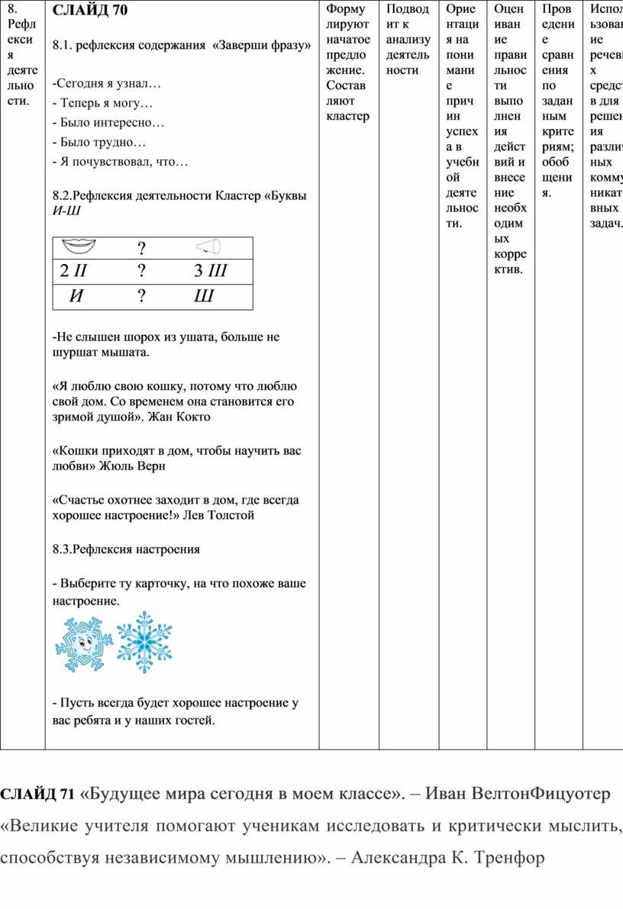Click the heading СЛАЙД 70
pos(90,11)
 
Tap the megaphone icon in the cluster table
pos(208,246)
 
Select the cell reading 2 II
pos(74,271)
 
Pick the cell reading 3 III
pos(209,271)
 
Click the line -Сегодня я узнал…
pos(107,82)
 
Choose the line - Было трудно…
pos(98,142)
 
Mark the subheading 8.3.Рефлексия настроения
pos(126,549)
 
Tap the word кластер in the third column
pos(347,115)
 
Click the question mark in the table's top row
pos(141,247)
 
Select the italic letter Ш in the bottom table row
pos(204,296)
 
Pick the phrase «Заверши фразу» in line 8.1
pos(262,46)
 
